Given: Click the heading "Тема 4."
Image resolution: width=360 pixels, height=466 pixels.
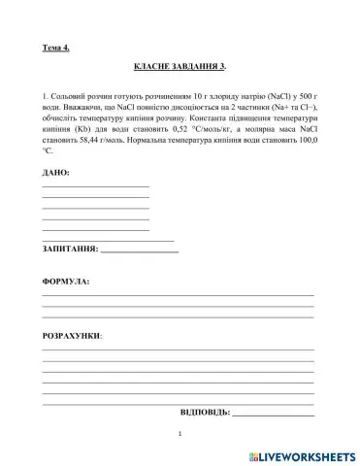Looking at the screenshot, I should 57,47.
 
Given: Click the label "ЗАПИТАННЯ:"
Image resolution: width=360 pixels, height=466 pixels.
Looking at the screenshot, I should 70,250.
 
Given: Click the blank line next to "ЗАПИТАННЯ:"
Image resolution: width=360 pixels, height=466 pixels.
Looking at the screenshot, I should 140,252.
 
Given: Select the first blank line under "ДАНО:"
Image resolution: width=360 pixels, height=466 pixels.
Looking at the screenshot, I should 95,185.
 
